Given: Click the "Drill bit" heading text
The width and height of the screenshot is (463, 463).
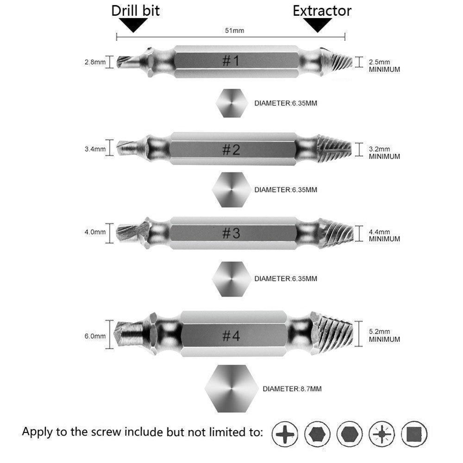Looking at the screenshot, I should click(x=135, y=10).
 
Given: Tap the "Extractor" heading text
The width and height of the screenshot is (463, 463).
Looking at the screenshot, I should click(x=322, y=10).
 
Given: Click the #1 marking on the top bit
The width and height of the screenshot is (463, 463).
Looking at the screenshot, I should click(x=230, y=61).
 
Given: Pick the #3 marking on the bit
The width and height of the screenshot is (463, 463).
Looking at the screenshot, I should click(x=230, y=233).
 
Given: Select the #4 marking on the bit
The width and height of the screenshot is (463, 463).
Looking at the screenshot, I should click(x=230, y=335).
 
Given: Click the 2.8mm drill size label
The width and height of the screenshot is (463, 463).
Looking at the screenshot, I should click(x=95, y=62).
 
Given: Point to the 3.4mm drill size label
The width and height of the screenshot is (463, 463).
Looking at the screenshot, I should click(x=95, y=149).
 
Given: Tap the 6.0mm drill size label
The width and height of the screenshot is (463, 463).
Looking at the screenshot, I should click(x=95, y=336).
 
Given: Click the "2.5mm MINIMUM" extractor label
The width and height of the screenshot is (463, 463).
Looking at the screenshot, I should click(x=384, y=65).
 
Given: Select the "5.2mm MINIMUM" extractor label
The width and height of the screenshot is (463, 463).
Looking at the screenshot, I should click(x=384, y=335).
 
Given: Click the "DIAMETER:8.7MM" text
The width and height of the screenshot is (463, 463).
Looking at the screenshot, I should click(x=292, y=389).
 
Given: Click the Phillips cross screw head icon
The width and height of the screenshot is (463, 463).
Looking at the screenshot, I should click(x=284, y=434).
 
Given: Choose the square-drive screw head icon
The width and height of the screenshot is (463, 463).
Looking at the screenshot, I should click(x=414, y=434).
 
